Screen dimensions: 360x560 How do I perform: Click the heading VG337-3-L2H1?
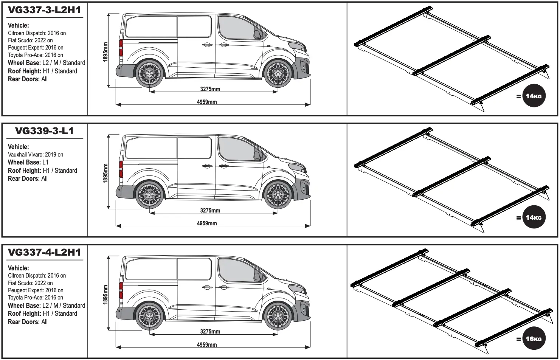pyautogui.click(x=44, y=10)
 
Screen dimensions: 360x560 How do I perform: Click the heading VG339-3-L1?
pyautogui.click(x=44, y=131)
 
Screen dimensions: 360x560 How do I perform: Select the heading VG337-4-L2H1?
pyautogui.click(x=44, y=252)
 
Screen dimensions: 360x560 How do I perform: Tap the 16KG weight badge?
pyautogui.click(x=534, y=338)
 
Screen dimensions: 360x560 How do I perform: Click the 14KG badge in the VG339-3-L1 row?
pyautogui.click(x=534, y=217)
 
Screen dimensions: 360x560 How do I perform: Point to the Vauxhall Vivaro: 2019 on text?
pyautogui.click(x=36, y=154)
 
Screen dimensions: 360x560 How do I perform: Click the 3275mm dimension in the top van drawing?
pyautogui.click(x=210, y=89)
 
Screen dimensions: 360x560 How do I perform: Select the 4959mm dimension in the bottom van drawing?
pyautogui.click(x=207, y=344)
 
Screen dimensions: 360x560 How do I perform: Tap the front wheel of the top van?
pyautogui.click(x=277, y=73)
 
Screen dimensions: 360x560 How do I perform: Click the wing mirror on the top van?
pyautogui.click(x=258, y=35)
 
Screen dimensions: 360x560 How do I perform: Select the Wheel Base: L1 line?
pyautogui.click(x=28, y=162)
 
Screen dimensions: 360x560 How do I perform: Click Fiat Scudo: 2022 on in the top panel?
pyautogui.click(x=30, y=40)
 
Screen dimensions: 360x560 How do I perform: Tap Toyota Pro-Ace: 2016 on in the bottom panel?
pyautogui.click(x=36, y=298)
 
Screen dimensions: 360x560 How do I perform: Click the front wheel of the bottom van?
pyautogui.click(x=277, y=316)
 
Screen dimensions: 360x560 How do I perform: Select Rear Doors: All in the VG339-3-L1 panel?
pyautogui.click(x=28, y=178)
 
